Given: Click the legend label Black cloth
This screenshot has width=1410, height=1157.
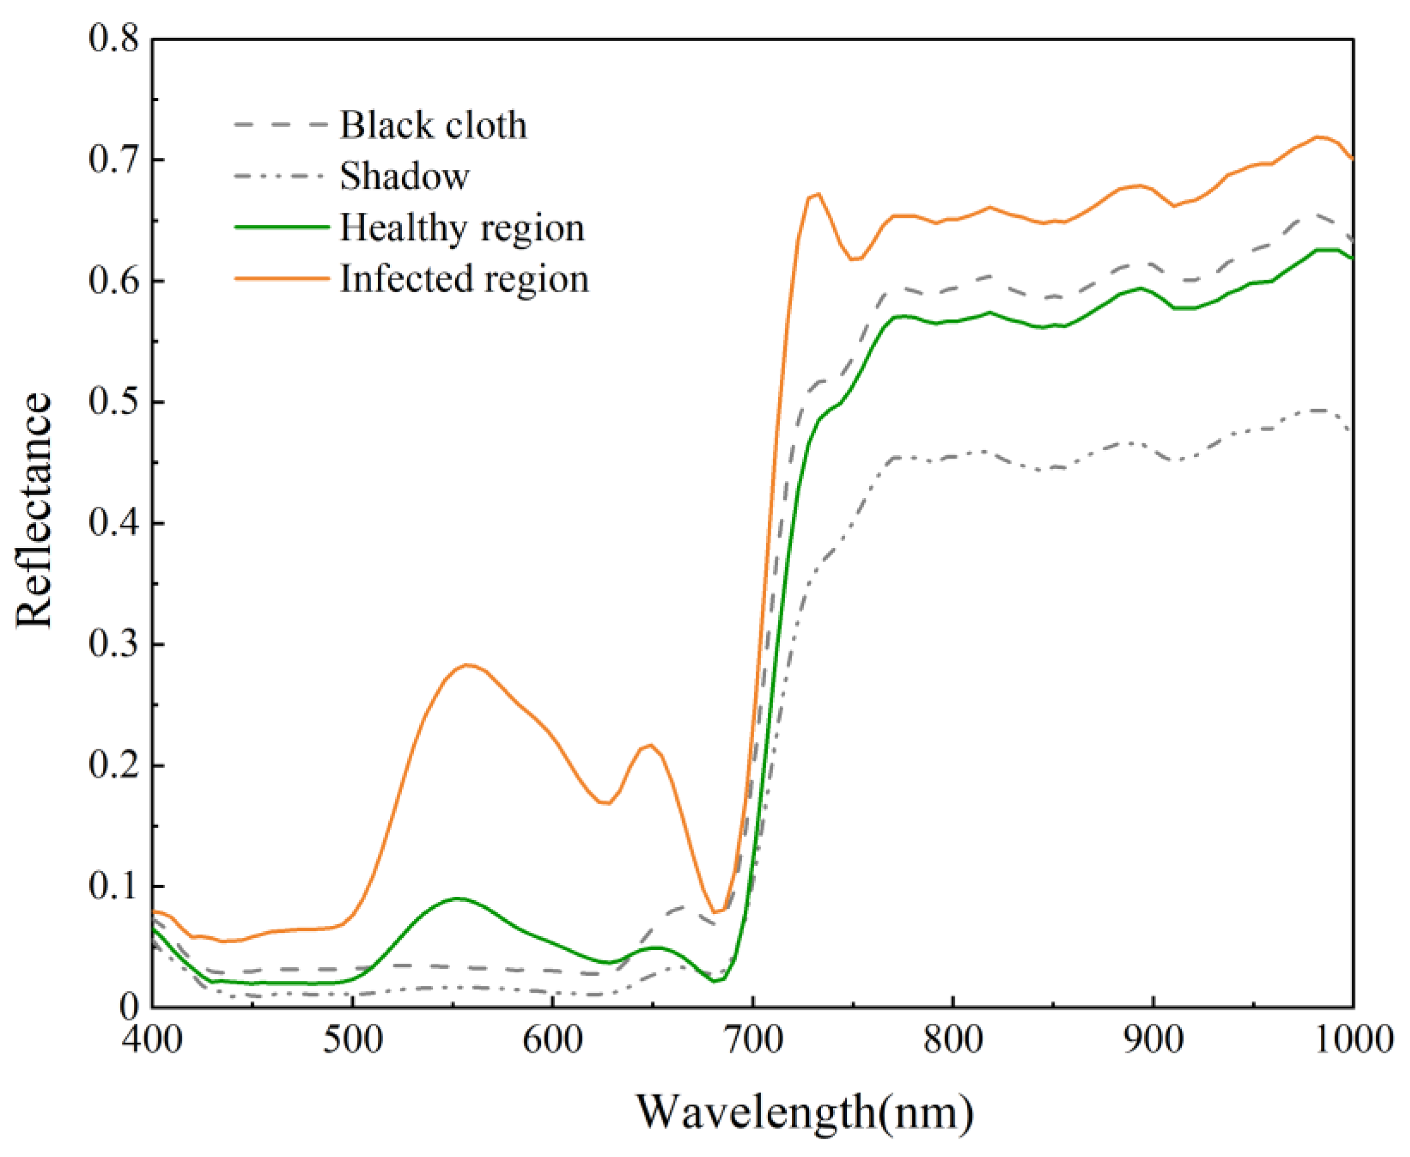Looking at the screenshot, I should [x=433, y=125].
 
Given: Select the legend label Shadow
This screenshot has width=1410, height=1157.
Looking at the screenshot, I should [x=404, y=176].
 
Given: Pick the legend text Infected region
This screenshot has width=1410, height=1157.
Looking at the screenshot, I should [x=464, y=279].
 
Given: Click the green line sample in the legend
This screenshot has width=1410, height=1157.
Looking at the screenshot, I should [x=282, y=227].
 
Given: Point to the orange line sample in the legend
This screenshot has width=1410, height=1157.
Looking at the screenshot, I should [x=282, y=279].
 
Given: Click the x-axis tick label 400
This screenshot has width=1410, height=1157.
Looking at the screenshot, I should [x=152, y=1040].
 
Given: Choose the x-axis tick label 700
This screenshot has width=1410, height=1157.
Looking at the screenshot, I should [x=752, y=1040].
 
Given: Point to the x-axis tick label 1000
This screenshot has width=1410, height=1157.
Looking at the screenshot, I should [x=1353, y=1040].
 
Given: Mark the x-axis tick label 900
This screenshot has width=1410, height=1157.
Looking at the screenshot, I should [x=1153, y=1040].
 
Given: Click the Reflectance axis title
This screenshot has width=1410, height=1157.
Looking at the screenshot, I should [x=33, y=510].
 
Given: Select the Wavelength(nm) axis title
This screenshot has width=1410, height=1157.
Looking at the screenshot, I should [x=805, y=1112].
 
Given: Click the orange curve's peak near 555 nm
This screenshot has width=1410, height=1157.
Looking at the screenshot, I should [x=467, y=665].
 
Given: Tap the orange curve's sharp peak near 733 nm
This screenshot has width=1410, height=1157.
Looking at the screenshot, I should [x=818, y=194].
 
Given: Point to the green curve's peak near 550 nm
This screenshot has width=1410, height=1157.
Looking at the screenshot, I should [x=457, y=898].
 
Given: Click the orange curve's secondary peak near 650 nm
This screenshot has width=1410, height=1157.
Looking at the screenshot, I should [x=650, y=745].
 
